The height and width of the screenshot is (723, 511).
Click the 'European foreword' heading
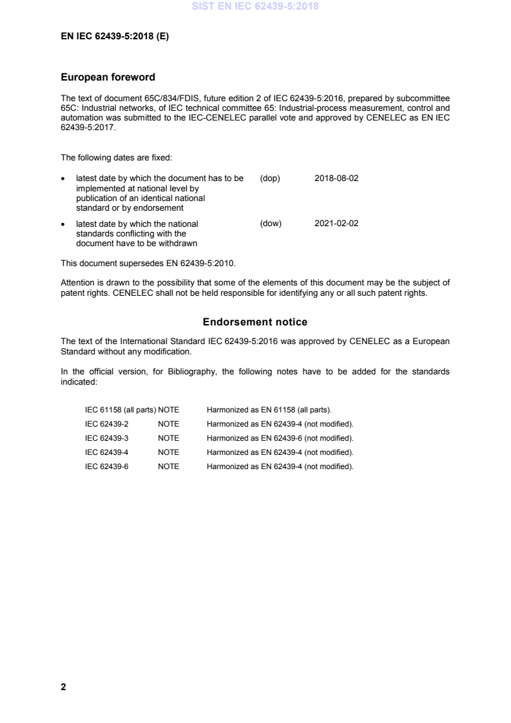click(x=108, y=77)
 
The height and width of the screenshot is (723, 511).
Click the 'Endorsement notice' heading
click(x=255, y=322)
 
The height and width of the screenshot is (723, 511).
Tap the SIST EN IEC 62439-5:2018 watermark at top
click(x=255, y=7)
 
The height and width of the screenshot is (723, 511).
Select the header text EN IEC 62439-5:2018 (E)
click(x=115, y=37)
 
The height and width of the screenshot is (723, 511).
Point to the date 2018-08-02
click(x=336, y=178)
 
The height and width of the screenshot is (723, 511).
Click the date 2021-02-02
click(x=336, y=224)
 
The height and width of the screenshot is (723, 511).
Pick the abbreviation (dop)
click(x=270, y=178)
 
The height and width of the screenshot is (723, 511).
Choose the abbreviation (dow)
click(x=271, y=224)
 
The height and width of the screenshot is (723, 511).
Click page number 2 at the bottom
click(x=63, y=687)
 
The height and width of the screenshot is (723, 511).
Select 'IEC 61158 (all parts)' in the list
click(x=121, y=410)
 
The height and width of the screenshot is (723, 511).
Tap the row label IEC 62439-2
click(x=107, y=424)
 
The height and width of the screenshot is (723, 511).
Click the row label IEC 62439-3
click(x=107, y=438)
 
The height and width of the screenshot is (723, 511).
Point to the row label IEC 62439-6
click(x=107, y=467)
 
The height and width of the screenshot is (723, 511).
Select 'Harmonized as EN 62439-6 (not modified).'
click(x=280, y=438)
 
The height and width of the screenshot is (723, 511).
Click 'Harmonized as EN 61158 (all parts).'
click(x=269, y=410)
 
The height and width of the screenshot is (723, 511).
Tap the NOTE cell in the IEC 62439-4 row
click(x=168, y=452)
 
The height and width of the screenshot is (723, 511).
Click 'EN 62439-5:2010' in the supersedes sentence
click(x=212, y=263)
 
